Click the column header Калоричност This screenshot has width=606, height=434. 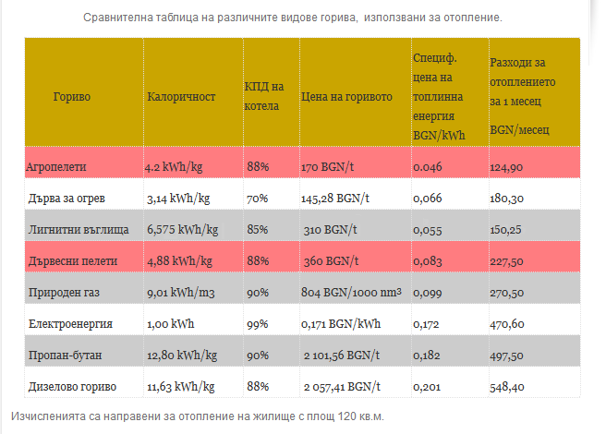(181, 96)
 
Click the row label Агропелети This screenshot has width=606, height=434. (56, 167)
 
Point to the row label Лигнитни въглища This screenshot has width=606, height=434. (78, 229)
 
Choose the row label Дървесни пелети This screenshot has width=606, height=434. (71, 260)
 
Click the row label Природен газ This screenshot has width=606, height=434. (65, 292)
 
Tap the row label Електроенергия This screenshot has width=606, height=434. (70, 324)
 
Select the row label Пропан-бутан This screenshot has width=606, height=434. (65, 355)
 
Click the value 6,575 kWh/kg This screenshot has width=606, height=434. (183, 229)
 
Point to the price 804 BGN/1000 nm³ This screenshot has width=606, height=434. (351, 292)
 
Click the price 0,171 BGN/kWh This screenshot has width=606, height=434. (339, 324)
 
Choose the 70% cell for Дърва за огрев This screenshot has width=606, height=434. (257, 198)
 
